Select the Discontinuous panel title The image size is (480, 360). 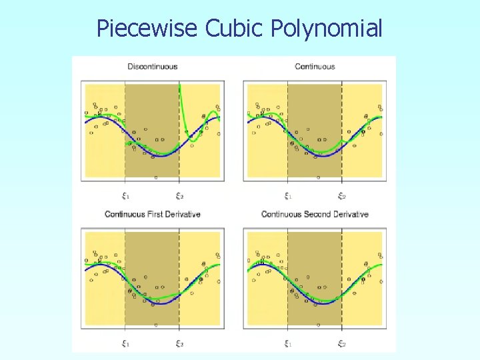pyautogui.click(x=153, y=67)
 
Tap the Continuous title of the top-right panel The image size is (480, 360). pyautogui.click(x=315, y=67)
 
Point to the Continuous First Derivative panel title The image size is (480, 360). pyautogui.click(x=153, y=214)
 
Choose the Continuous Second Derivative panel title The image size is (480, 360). pyautogui.click(x=315, y=214)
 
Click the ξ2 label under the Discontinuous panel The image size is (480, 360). pyautogui.click(x=179, y=196)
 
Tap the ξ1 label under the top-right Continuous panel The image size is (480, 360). pyautogui.click(x=288, y=196)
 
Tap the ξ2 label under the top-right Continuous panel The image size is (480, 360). pyautogui.click(x=342, y=196)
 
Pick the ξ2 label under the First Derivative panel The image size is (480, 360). pyautogui.click(x=179, y=344)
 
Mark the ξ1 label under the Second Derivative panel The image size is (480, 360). pyautogui.click(x=288, y=344)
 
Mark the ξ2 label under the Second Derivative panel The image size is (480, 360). pyautogui.click(x=342, y=344)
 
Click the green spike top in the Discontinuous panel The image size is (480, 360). pyautogui.click(x=180, y=86)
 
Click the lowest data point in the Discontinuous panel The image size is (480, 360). pyautogui.click(x=156, y=177)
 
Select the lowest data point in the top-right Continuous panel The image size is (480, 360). pyautogui.click(x=318, y=177)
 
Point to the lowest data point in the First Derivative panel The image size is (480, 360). pyautogui.click(x=156, y=325)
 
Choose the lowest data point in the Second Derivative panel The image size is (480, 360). pyautogui.click(x=318, y=325)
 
